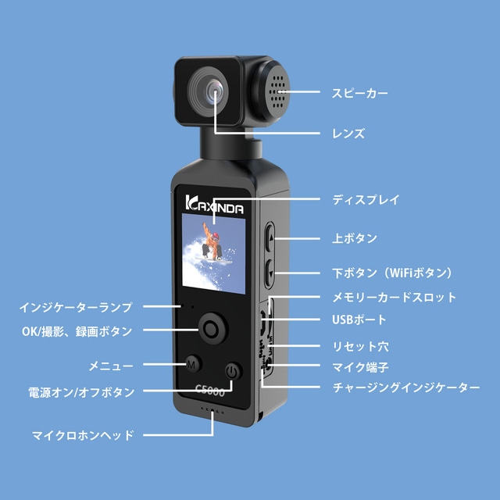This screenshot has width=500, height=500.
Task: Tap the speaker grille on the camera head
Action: tap(277, 92)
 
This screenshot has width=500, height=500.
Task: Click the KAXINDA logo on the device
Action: tap(214, 205)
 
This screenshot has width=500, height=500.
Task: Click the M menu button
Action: tap(192, 364)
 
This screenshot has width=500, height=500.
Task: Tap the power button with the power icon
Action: tap(233, 371)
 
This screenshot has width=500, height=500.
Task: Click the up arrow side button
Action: tap(270, 237)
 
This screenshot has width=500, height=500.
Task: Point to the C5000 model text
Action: tap(210, 390)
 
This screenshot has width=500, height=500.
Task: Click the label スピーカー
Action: tap(359, 93)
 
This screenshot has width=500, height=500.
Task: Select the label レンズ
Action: tap(348, 134)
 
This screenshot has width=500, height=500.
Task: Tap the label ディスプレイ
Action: tap(366, 200)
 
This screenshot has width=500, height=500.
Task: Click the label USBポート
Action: tap(359, 320)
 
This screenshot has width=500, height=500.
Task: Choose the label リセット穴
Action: tap(360, 346)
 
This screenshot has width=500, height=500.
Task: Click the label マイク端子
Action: tap(360, 367)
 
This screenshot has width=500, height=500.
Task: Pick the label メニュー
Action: tap(111, 366)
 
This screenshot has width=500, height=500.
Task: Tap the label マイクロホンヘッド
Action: tap(83, 435)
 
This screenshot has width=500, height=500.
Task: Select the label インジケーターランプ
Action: tap(76, 307)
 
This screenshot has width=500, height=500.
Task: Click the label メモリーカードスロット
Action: tap(394, 297)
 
